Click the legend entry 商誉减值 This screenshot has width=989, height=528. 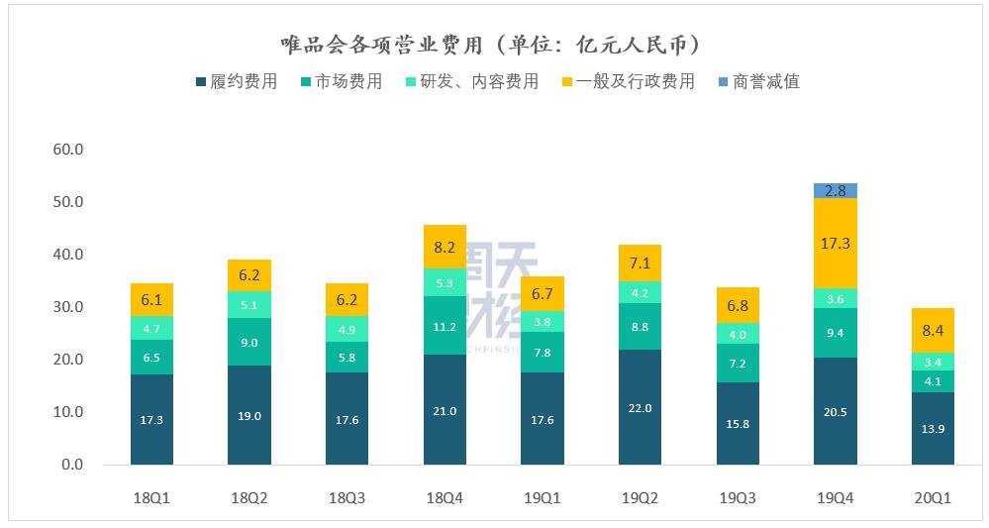tap(757, 82)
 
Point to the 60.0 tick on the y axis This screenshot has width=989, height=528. tap(70, 150)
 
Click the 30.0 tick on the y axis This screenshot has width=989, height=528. tap(70, 307)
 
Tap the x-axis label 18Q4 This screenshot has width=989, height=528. tap(445, 498)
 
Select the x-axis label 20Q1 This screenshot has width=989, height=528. tap(933, 498)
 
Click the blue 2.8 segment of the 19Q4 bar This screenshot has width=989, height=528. tap(835, 190)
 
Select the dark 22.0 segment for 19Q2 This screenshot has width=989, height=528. tap(640, 407)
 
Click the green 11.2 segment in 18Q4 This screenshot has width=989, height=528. tap(445, 325)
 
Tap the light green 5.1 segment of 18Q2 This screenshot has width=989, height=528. tap(249, 304)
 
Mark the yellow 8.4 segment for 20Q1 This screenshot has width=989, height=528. tap(933, 330)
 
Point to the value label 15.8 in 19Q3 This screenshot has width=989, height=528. tap(738, 424)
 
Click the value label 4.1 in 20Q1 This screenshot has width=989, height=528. tap(933, 381)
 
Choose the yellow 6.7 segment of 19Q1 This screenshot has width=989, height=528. tap(542, 293)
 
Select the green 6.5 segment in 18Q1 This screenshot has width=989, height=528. tap(151, 357)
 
